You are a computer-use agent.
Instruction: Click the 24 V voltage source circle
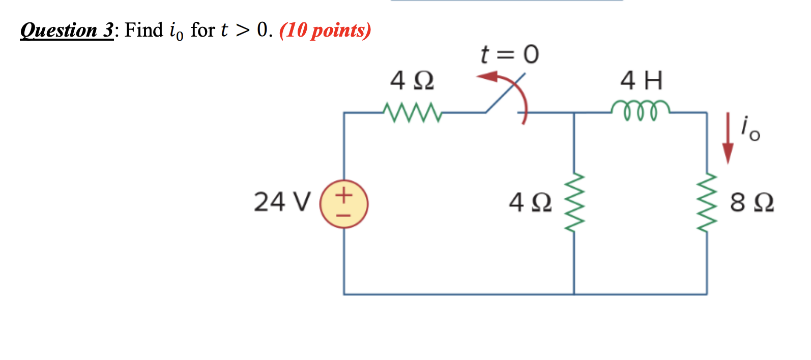[x=344, y=204]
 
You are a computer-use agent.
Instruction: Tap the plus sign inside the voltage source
[x=344, y=195]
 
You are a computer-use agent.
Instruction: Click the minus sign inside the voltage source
[x=344, y=215]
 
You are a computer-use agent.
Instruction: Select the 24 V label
[x=281, y=202]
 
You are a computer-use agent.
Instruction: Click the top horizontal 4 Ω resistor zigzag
[x=412, y=112]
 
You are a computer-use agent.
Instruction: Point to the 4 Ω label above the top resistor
[x=412, y=81]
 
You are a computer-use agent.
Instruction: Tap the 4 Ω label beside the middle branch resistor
[x=530, y=203]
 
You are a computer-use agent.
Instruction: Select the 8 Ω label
[x=752, y=203]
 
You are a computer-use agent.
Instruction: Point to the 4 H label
[x=642, y=81]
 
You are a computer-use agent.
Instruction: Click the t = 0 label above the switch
[x=509, y=54]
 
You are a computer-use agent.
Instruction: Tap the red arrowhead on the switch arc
[x=486, y=77]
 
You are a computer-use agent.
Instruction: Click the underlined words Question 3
[x=67, y=31]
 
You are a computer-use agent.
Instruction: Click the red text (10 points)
[x=325, y=31]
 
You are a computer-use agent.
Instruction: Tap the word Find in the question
[x=144, y=30]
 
